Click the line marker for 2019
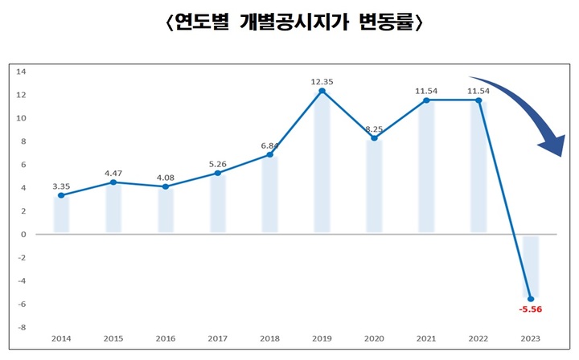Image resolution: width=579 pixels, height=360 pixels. (322, 91)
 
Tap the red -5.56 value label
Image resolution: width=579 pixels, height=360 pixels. (532, 309)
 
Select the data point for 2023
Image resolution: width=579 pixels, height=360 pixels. (532, 299)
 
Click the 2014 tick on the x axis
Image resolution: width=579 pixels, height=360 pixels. (61, 339)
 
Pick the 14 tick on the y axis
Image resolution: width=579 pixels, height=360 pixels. (22, 72)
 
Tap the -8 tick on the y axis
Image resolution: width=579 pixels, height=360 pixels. (22, 328)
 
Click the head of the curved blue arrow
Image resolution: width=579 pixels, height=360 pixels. (551, 147)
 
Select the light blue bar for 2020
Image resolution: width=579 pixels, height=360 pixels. (375, 186)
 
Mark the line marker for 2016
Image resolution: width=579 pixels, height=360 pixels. (166, 186)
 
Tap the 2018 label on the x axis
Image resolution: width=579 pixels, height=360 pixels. (270, 339)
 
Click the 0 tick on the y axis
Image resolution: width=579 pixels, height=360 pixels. (24, 235)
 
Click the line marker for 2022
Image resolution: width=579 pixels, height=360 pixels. (479, 100)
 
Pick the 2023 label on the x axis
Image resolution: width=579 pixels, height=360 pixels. (532, 339)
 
